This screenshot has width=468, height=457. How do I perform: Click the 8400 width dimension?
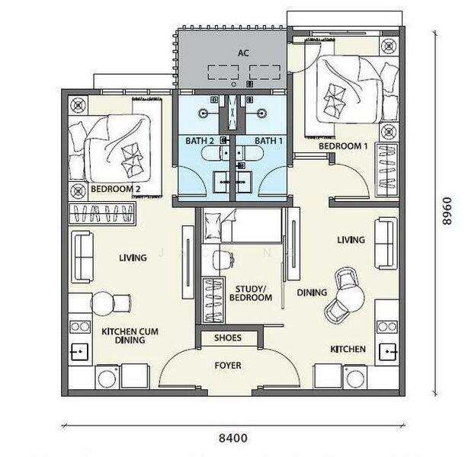pyautogui.click(x=233, y=438)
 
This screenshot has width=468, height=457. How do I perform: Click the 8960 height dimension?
pyautogui.click(x=447, y=211)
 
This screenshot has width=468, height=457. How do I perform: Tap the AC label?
pyautogui.click(x=243, y=53)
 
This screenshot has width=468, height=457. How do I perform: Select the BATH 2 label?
pyautogui.click(x=200, y=141)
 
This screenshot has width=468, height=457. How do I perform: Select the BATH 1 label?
pyautogui.click(x=268, y=141)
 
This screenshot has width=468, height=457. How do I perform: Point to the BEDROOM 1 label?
pyautogui.click(x=343, y=146)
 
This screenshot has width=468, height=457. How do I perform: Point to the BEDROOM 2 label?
pyautogui.click(x=116, y=189)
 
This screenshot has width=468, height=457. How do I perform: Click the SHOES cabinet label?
pyautogui.click(x=228, y=337)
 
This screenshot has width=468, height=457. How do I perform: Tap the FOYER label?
pyautogui.click(x=228, y=366)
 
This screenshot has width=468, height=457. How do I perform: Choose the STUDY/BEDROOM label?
pyautogui.click(x=251, y=293)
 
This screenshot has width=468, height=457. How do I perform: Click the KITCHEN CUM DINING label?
pyautogui.click(x=130, y=336)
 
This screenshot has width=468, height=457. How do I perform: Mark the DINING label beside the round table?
pyautogui.click(x=312, y=292)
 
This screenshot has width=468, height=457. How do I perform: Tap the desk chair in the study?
pyautogui.click(x=223, y=258)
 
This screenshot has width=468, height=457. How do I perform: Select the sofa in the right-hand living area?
pyautogui.click(x=386, y=244)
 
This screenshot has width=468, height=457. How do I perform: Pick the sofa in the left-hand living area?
pyautogui.click(x=82, y=257)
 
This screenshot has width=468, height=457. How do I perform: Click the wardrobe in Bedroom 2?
pyautogui.click(x=102, y=213)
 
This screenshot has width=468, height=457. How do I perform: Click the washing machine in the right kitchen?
pyautogui.click(x=355, y=377)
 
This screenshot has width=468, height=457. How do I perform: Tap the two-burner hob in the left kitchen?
pyautogui.click(x=80, y=327)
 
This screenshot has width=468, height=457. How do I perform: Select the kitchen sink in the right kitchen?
pyautogui.click(x=387, y=352)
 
